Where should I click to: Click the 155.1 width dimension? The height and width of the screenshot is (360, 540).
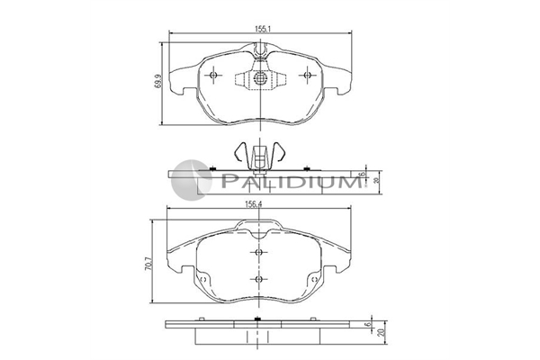[263, 30]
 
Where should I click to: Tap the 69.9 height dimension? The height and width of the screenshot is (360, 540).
[158, 81]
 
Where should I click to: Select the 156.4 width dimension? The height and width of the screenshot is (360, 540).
[254, 204]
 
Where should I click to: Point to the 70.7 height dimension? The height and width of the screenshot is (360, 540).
[148, 263]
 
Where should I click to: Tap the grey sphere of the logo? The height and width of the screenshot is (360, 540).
[192, 180]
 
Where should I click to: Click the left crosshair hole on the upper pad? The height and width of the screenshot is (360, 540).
[213, 75]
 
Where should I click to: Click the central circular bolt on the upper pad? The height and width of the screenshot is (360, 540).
[260, 78]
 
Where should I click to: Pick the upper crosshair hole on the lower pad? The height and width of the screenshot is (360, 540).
[259, 253]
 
